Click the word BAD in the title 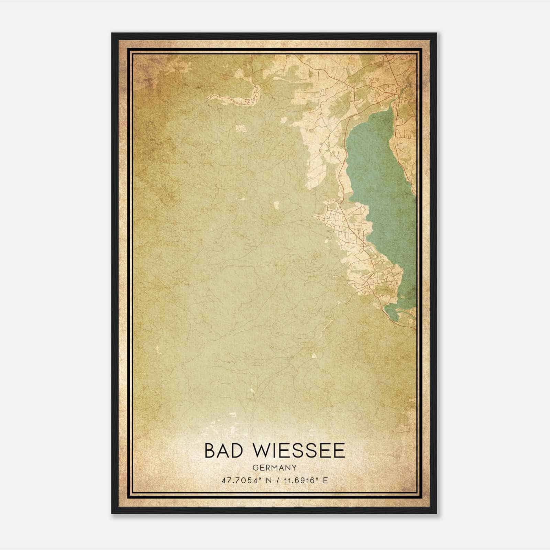pos(226,451)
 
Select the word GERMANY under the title pos(274,467)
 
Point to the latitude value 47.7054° pos(240,480)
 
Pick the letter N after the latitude pos(264,480)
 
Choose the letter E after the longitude pos(325,480)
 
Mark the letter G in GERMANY pos(255,467)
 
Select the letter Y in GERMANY pos(294,467)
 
